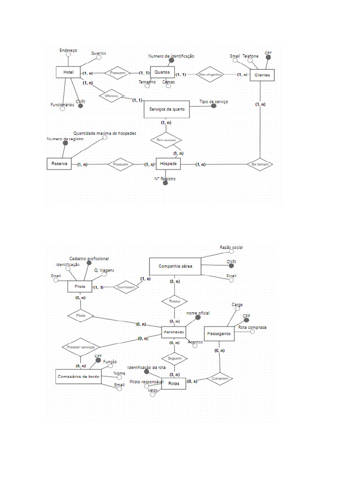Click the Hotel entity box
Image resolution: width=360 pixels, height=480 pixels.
tap(68, 72)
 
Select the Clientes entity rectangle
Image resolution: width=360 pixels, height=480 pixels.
tap(262, 75)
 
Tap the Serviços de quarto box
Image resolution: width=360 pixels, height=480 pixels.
tap(166, 109)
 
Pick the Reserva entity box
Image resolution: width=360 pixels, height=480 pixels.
tap(59, 164)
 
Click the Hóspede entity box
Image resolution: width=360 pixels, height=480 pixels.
tap(168, 164)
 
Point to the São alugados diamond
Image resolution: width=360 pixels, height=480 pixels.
tap(210, 75)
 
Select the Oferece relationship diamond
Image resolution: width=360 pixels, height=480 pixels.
tap(111, 96)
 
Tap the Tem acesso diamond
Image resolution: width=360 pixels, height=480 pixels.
tap(166, 140)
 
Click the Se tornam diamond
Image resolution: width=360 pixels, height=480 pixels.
tap(260, 164)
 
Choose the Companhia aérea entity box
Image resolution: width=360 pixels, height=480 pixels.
tap(175, 266)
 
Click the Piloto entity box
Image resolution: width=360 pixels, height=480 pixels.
tap(80, 286)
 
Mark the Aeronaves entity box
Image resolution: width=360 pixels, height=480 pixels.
tap(174, 332)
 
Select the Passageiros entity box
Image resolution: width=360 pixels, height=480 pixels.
tap(219, 334)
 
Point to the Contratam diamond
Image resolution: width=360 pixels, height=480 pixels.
tap(127, 287)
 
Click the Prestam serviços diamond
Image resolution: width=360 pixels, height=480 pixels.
tap(81, 347)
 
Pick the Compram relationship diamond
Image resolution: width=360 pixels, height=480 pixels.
tap(220, 378)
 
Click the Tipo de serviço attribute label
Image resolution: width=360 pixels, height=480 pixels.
tap(214, 102)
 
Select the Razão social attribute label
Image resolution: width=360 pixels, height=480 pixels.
tap(231, 247)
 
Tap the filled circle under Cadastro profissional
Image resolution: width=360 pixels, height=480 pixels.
tap(89, 263)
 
